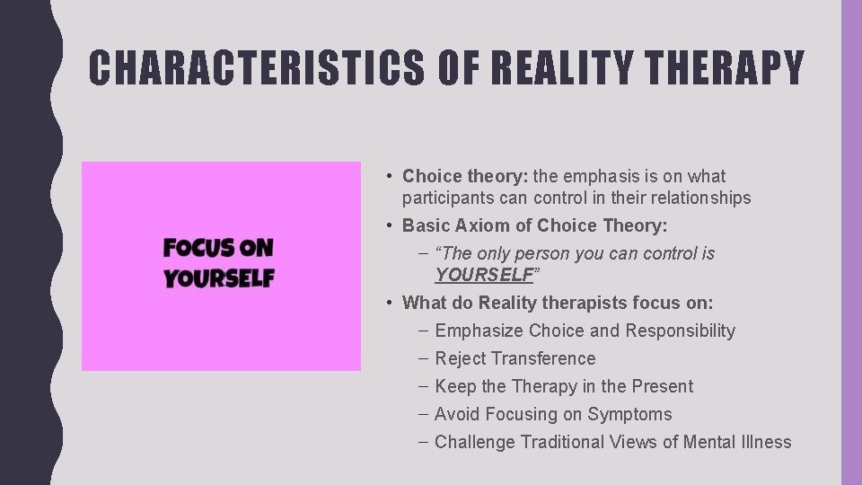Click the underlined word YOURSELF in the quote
click(x=484, y=275)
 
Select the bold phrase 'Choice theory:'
click(x=458, y=176)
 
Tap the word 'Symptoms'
click(x=629, y=414)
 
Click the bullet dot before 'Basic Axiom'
click(x=389, y=225)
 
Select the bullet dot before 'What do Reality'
click(x=389, y=303)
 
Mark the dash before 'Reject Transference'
click(x=423, y=358)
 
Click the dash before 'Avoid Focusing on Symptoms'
click(x=423, y=414)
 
